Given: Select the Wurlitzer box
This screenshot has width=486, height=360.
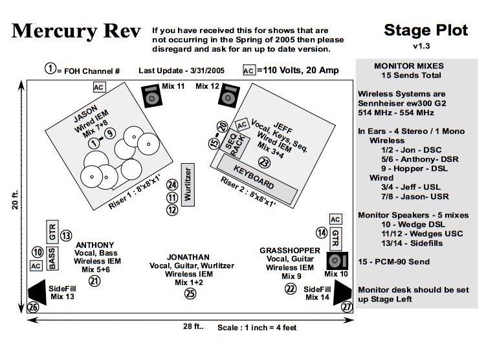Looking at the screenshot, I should pos(188,185).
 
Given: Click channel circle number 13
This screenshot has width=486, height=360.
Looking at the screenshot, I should pos(66,236).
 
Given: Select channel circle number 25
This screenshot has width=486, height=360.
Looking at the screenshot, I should pos(190,293).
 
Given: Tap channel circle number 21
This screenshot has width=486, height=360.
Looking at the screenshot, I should pos(95,280).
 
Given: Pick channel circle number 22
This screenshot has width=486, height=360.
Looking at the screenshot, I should pos(291,289).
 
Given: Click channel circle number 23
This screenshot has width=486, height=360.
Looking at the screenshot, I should pos(263,163).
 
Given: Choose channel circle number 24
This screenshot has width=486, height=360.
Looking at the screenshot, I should pos(172,185).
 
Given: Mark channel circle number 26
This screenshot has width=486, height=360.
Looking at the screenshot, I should pos(33,307).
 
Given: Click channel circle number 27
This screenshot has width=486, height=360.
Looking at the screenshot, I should pos(348,307).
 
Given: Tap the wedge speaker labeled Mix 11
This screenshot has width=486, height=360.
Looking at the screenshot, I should pos(153,97).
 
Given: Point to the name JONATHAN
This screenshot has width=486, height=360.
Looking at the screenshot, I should pos(188,256).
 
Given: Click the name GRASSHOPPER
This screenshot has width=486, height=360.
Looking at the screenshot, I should pos(290,250).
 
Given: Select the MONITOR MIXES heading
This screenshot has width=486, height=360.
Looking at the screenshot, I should pos(409,66).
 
